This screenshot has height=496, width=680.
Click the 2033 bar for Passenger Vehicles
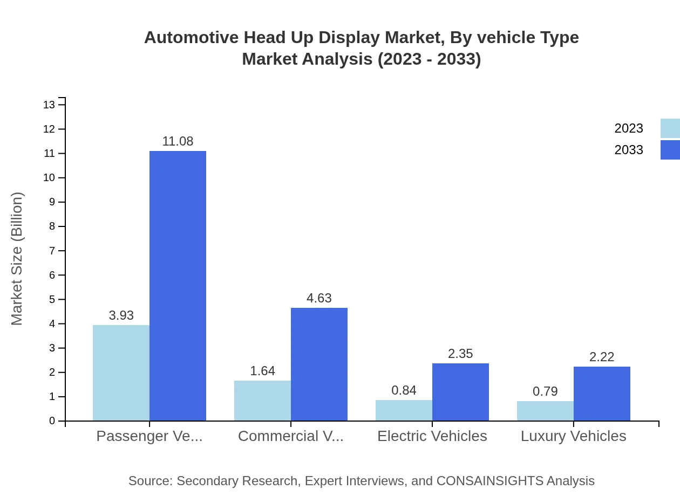[178, 286]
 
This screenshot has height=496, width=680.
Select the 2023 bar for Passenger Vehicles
[121, 373]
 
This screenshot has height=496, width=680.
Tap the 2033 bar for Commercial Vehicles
[319, 364]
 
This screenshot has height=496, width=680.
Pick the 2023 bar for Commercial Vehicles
[262, 401]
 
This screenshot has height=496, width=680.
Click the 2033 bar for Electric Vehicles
[460, 392]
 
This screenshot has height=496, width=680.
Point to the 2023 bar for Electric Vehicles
[404, 410]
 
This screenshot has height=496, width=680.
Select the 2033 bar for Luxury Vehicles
[602, 394]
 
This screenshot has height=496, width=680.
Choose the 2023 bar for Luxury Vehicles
[545, 411]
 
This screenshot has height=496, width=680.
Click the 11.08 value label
[178, 141]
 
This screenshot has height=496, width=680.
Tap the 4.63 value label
[319, 298]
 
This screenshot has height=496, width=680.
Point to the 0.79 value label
[545, 391]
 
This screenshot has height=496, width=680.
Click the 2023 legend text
[629, 128]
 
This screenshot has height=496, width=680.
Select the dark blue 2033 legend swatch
[670, 150]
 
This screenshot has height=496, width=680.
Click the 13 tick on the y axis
[50, 105]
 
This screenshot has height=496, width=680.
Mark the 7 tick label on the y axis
[52, 251]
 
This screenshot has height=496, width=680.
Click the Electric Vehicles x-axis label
[432, 436]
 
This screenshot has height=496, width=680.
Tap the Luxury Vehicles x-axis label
[573, 436]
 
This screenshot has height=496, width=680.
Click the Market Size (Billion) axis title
[17, 259]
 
